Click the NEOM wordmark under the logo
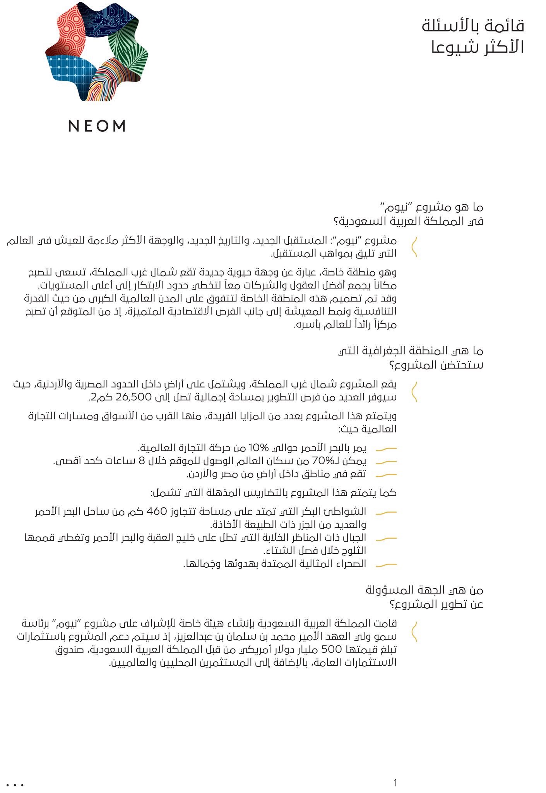pyautogui.click(x=97, y=126)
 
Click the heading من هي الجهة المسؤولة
pyautogui.click(x=424, y=590)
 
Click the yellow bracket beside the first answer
pyautogui.click(x=414, y=247)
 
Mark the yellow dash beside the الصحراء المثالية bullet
pyautogui.click(x=386, y=565)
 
